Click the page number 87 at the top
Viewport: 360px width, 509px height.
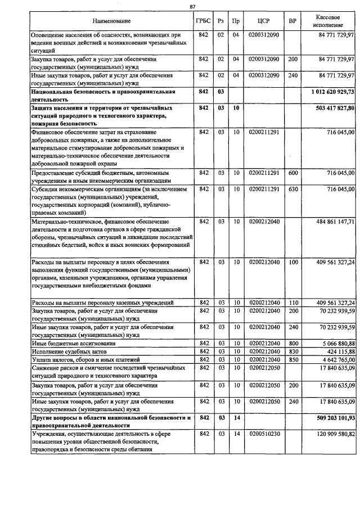pyautogui.click(x=193, y=6)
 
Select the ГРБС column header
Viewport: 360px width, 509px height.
pyautogui.click(x=204, y=21)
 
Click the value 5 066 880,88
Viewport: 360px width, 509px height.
pyautogui.click(x=334, y=343)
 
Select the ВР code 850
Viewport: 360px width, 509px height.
pyautogui.click(x=292, y=359)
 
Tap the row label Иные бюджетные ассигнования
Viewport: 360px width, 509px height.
pyautogui.click(x=74, y=343)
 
